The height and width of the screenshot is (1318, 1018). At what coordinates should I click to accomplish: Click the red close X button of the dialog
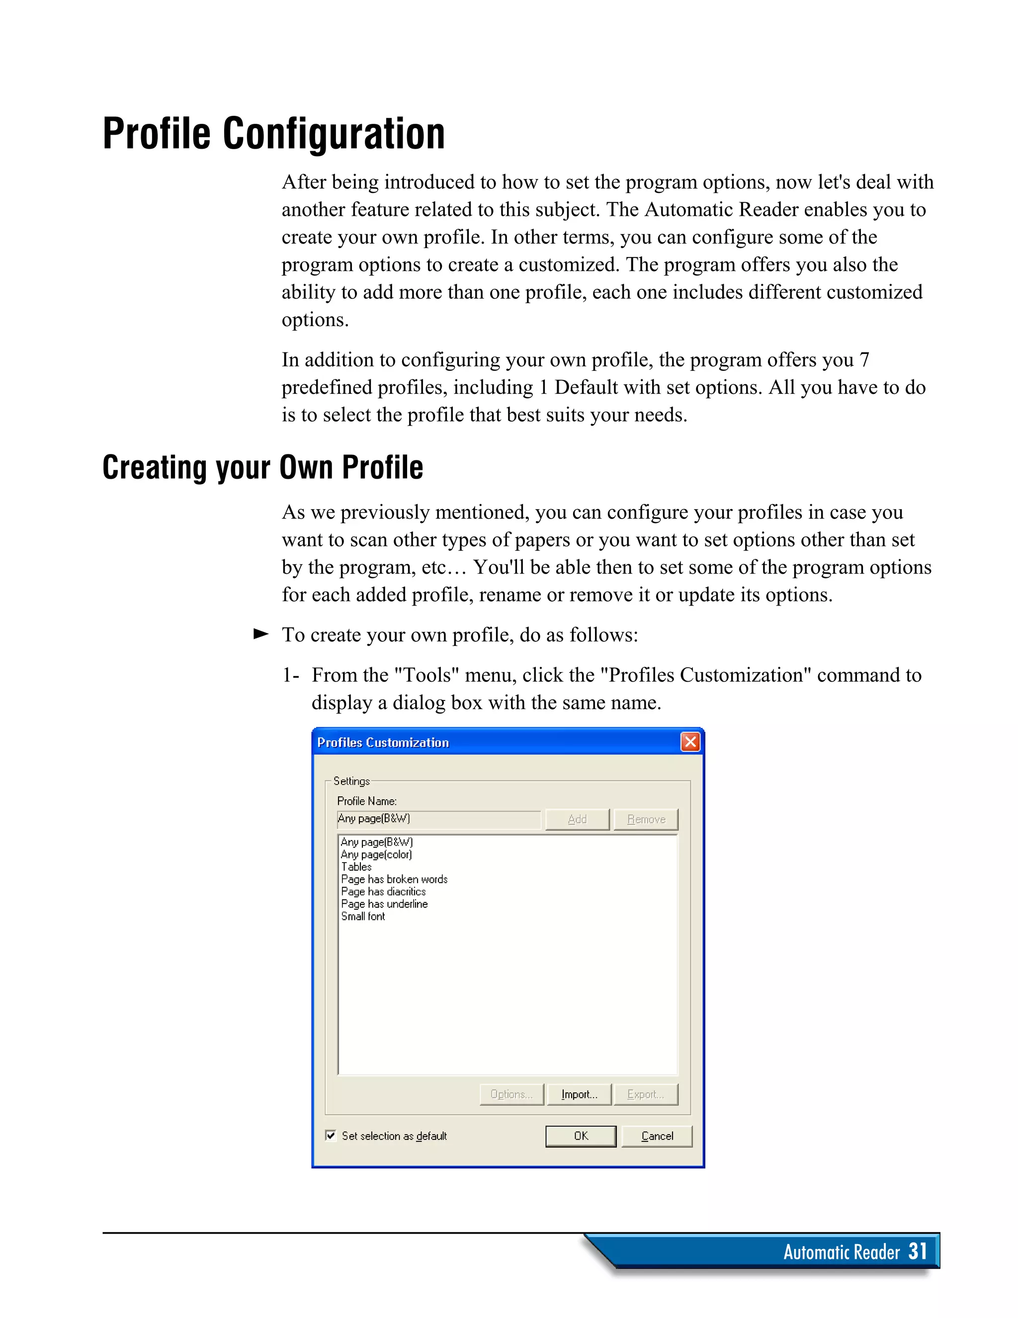[x=690, y=742]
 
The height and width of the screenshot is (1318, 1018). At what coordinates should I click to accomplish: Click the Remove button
[x=646, y=819]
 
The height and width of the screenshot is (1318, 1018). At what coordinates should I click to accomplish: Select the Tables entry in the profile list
[x=356, y=867]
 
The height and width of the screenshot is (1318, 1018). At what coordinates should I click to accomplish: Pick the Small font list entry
[x=363, y=916]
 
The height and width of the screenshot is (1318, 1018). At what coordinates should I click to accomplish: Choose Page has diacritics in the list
[x=383, y=891]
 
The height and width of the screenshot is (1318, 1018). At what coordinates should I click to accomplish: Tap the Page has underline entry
[x=384, y=904]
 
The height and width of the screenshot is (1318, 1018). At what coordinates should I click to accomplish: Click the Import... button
[x=579, y=1094]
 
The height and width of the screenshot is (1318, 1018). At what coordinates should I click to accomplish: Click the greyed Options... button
[x=511, y=1094]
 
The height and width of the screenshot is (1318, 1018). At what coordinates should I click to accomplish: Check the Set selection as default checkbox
[x=331, y=1135]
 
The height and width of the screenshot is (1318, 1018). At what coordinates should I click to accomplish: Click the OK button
[x=581, y=1136]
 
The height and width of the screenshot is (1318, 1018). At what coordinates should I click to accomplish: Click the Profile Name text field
[x=439, y=819]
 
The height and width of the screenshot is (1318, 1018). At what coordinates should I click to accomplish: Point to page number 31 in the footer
[x=917, y=1251]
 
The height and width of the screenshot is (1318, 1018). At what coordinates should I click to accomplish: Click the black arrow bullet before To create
[x=260, y=634]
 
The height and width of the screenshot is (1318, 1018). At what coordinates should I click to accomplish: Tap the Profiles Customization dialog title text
[x=383, y=742]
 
